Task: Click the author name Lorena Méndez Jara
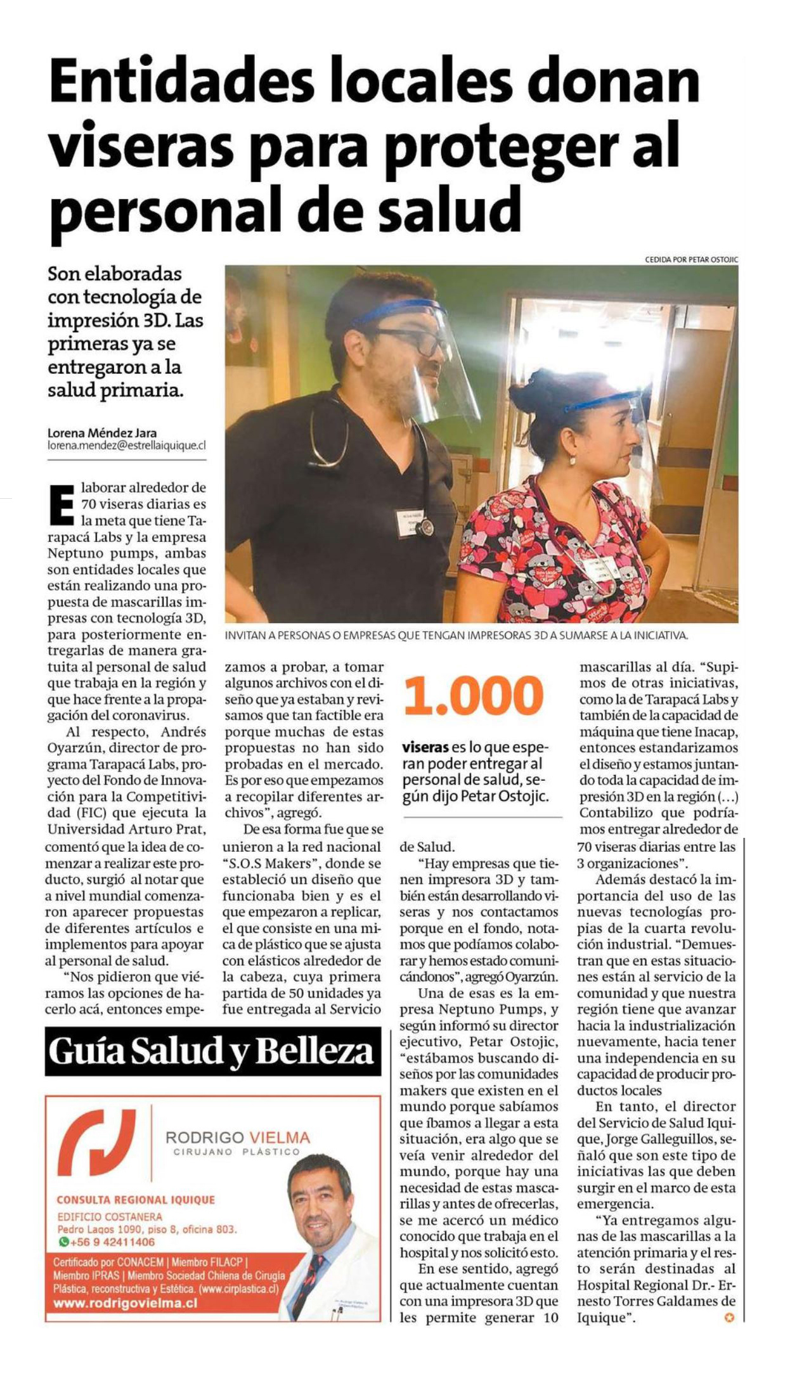(102, 434)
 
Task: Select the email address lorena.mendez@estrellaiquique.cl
(127, 446)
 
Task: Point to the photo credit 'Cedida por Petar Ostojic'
(691, 259)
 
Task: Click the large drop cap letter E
(62, 505)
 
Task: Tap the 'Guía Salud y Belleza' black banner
(212, 1052)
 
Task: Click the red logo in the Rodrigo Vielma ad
(97, 1142)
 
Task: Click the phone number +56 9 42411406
(112, 1242)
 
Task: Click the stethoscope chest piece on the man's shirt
(427, 527)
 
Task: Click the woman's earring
(572, 459)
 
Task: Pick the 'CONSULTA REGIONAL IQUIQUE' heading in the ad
(136, 1200)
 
